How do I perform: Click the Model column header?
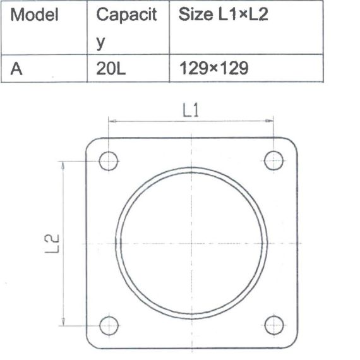[x=35, y=15]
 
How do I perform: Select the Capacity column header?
[x=126, y=28]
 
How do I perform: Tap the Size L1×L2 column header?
[x=223, y=15]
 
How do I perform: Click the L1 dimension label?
[x=191, y=110]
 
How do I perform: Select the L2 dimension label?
[x=52, y=244]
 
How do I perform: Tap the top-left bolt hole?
[x=109, y=161]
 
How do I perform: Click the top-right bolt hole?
[x=273, y=160]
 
